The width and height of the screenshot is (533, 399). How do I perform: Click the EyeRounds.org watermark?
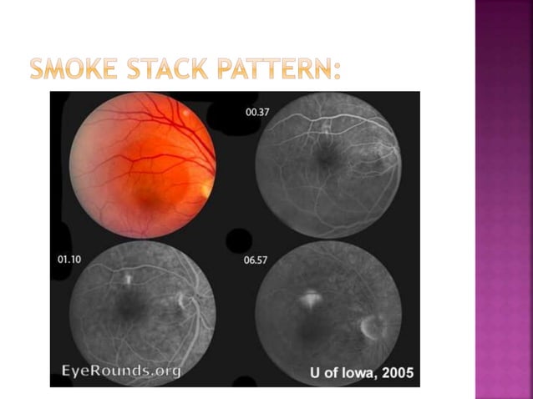[121, 370]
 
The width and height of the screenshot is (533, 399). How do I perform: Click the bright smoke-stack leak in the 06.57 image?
[311, 295]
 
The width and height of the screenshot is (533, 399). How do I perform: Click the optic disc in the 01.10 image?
[185, 301]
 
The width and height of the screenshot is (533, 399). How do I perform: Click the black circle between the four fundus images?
[238, 240]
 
